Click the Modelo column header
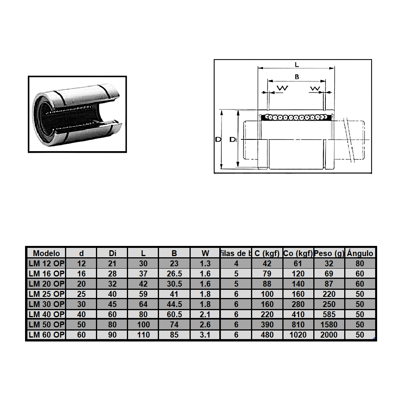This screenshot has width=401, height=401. pyautogui.click(x=46, y=253)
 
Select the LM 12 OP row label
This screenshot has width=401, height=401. pyautogui.click(x=46, y=264)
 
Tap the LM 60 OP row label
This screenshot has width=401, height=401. pyautogui.click(x=46, y=335)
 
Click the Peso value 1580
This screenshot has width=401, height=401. pyautogui.click(x=329, y=325)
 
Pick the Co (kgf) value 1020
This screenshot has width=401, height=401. pyautogui.click(x=298, y=335)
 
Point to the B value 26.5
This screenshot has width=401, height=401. pyautogui.click(x=174, y=274)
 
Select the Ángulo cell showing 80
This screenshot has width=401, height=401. pyautogui.click(x=360, y=264)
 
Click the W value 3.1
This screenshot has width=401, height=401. pyautogui.click(x=205, y=335)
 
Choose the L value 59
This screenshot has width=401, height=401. pyautogui.click(x=143, y=294)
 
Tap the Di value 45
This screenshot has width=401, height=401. pyautogui.click(x=112, y=304)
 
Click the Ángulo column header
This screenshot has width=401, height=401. pyautogui.click(x=360, y=253)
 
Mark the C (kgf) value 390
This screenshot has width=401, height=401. pyautogui.click(x=267, y=325)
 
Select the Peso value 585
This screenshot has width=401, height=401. pyautogui.click(x=329, y=314)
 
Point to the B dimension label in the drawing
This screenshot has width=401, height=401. pyautogui.click(x=296, y=77)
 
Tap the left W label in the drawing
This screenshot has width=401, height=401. pyautogui.click(x=282, y=89)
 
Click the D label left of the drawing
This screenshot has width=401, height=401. pyautogui.click(x=218, y=139)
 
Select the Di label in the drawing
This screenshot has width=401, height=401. pyautogui.click(x=233, y=139)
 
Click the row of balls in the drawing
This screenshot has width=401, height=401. pyautogui.click(x=296, y=117)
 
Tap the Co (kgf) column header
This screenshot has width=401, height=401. pyautogui.click(x=298, y=253)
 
